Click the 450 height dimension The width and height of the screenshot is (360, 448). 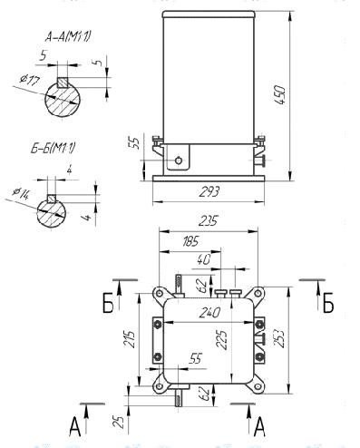coord(280,94)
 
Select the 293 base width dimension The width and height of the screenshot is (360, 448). coord(209,191)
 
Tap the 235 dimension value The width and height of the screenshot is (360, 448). coord(209,221)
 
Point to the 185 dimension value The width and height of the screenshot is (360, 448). coord(190,241)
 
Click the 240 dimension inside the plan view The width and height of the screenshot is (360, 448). coord(209,313)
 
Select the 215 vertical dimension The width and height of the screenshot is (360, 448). coord(131,339)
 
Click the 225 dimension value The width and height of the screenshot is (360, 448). coord(223,340)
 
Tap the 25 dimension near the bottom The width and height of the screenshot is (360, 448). coord(119,422)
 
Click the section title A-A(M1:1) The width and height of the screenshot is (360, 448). coord(68,37)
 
